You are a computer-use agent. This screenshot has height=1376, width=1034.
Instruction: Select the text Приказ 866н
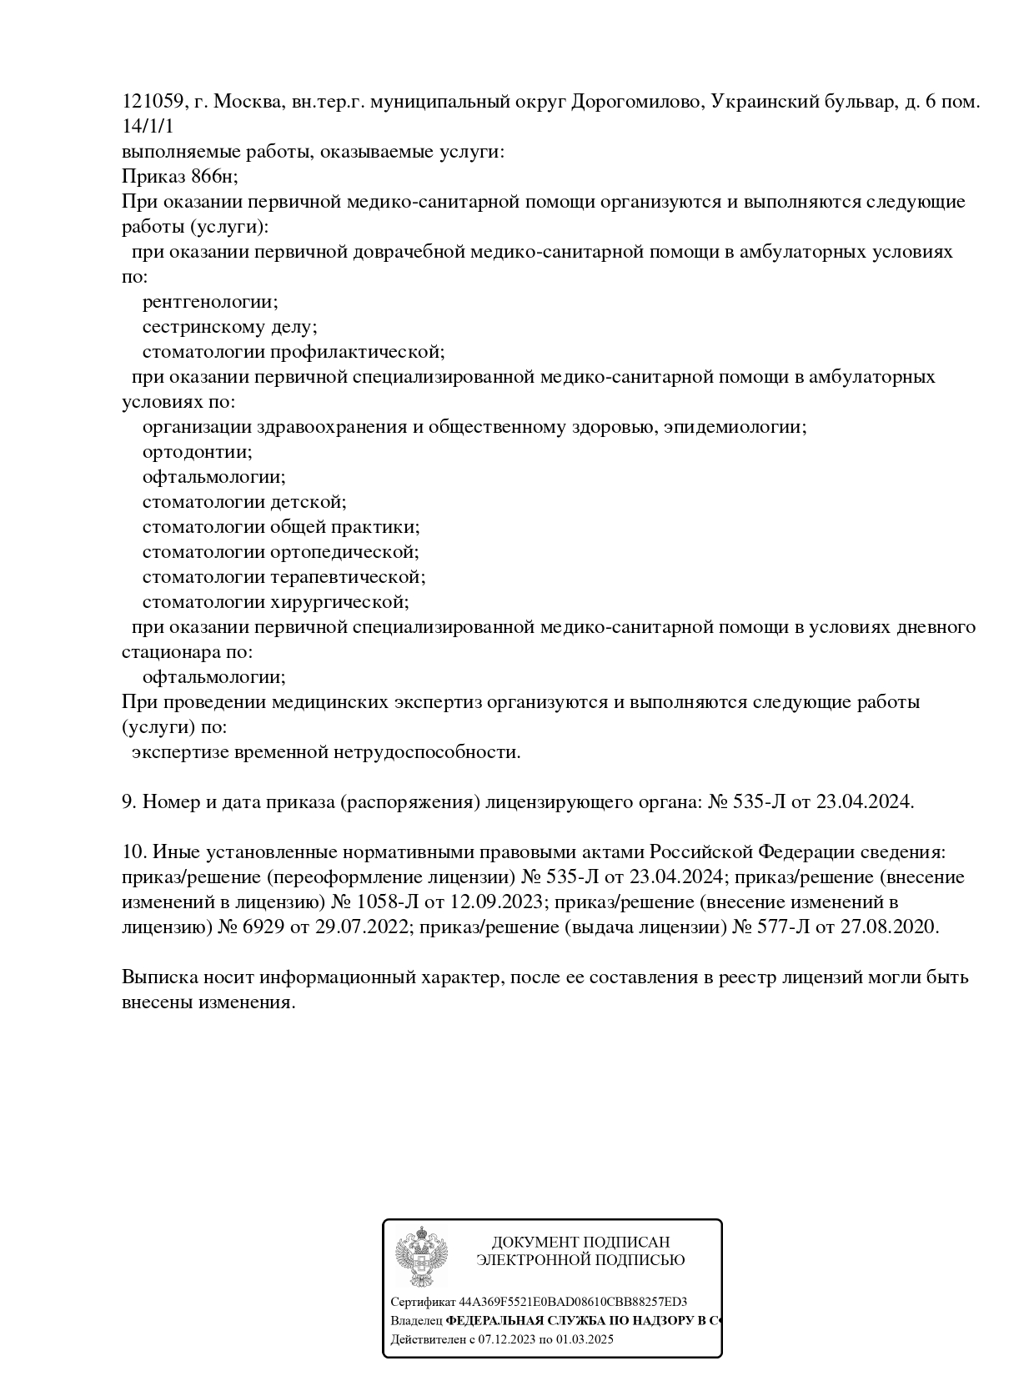click(179, 177)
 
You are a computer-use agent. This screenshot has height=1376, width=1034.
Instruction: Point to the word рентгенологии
click(210, 302)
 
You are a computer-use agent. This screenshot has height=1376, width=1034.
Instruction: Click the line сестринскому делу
click(229, 327)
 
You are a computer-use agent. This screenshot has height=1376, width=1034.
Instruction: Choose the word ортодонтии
click(197, 452)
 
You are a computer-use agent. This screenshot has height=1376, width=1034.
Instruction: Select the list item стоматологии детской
click(243, 502)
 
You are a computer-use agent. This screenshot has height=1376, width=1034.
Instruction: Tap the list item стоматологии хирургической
click(275, 602)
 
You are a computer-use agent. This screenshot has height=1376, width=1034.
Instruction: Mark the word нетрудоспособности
click(427, 752)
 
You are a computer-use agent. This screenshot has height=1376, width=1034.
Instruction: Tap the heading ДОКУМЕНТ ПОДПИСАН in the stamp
click(580, 1243)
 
